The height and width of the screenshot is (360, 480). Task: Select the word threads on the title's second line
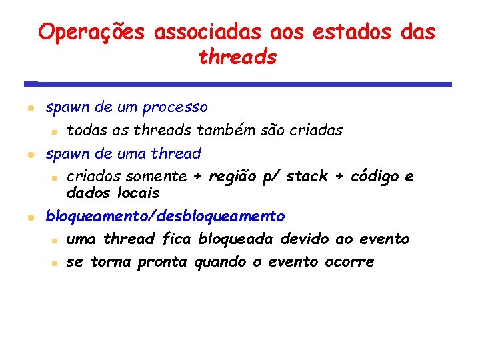coord(237,57)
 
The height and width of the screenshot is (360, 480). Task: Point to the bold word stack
coord(307,177)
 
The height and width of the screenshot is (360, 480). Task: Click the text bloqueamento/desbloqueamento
coord(165,217)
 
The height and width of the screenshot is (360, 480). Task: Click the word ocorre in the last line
coord(349,262)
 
